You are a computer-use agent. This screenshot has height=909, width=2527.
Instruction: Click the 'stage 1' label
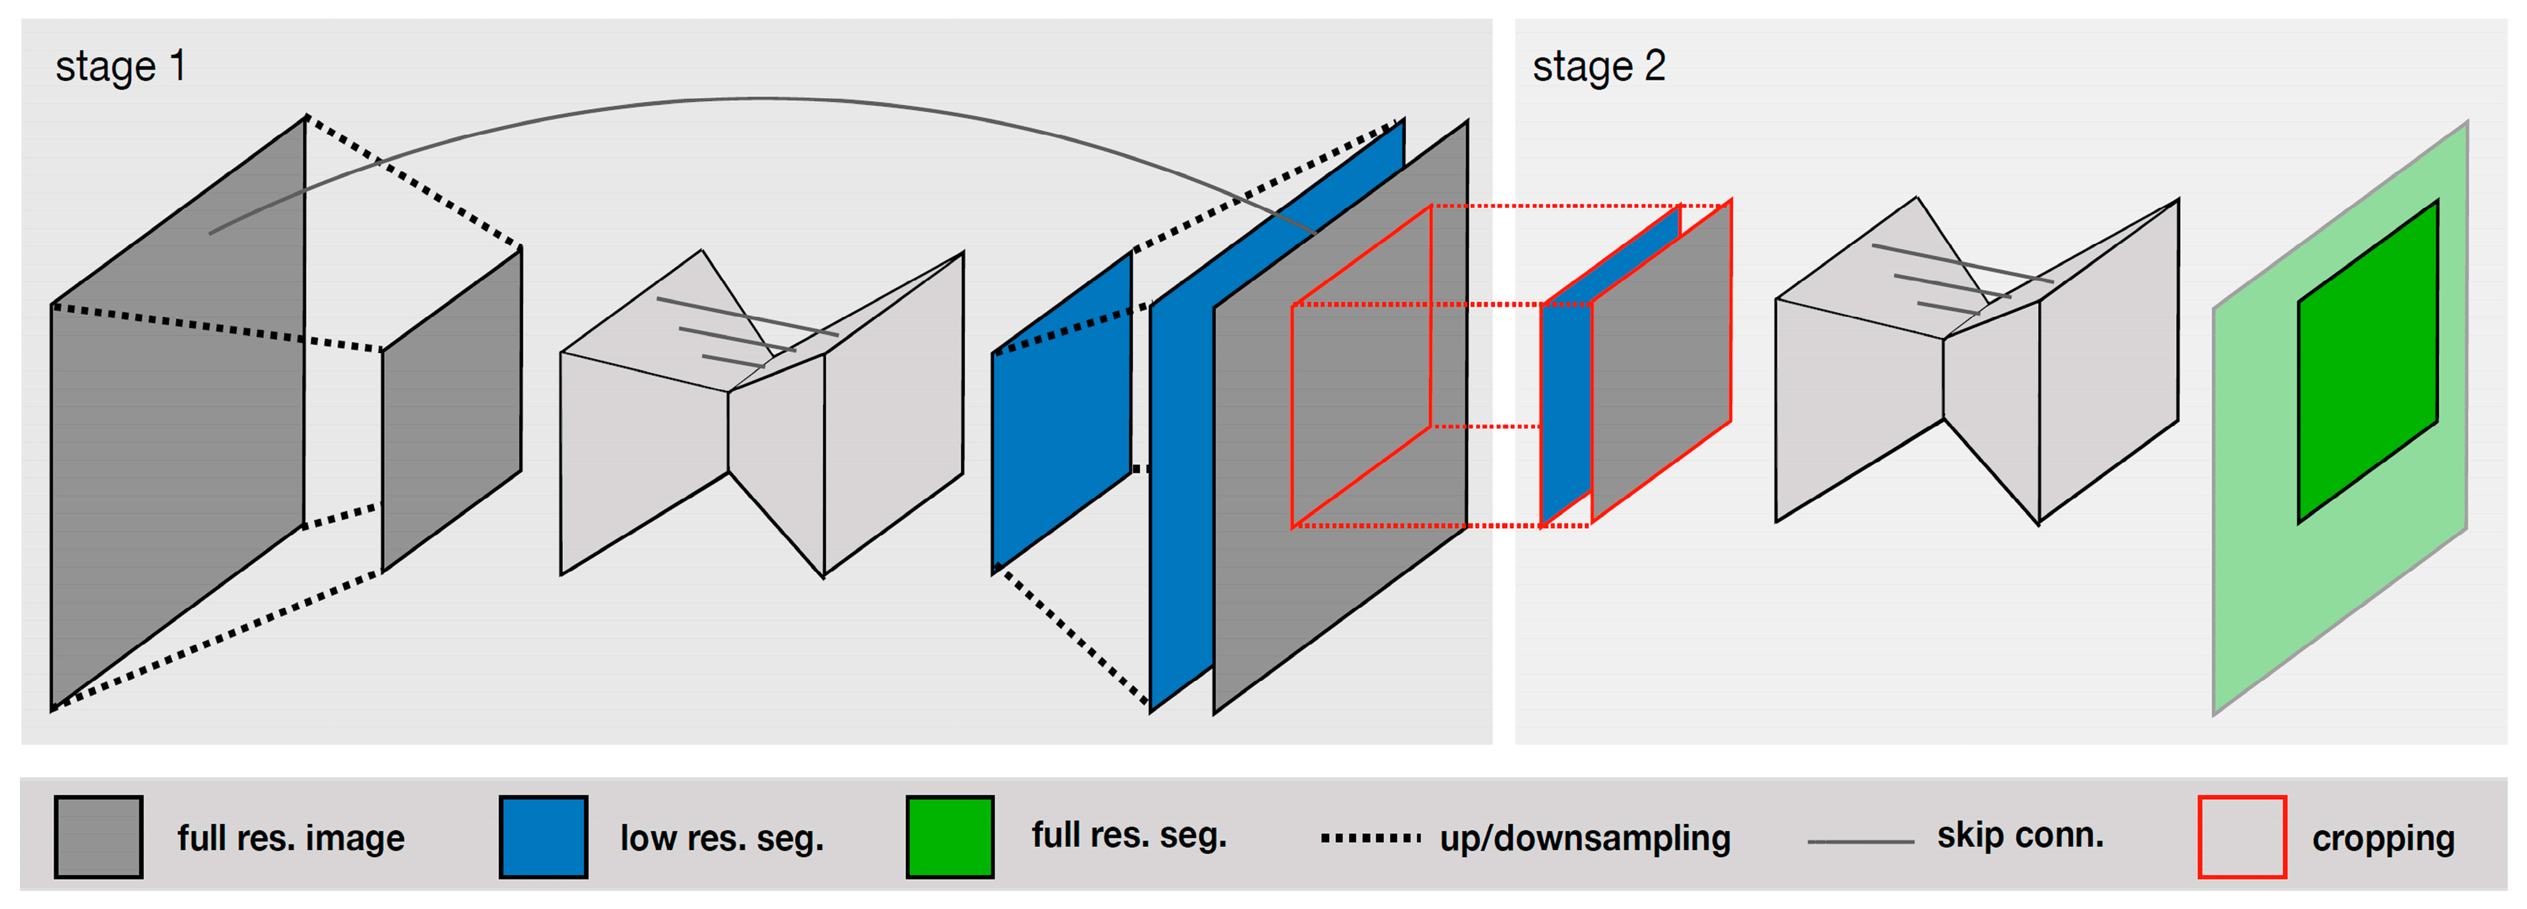[x=119, y=67]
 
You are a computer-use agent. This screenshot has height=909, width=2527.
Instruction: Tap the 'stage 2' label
[x=1598, y=67]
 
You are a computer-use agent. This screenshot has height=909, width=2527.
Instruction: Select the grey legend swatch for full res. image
[x=98, y=837]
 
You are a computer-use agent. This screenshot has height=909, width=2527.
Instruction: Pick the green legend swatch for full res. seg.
[x=950, y=837]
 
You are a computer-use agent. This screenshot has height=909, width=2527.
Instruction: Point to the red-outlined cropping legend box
[x=2242, y=837]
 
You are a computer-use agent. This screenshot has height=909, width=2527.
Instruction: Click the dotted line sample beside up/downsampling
[x=1370, y=837]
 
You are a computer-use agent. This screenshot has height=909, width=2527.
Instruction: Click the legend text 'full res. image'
[x=290, y=837]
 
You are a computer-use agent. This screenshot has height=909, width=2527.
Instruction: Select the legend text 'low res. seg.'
[x=722, y=837]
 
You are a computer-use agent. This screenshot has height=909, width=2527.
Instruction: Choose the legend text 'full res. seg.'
[x=1129, y=835]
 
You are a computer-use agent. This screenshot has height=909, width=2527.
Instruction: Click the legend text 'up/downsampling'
[x=1584, y=837]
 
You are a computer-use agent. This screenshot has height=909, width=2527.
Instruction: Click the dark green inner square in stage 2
[x=2367, y=361]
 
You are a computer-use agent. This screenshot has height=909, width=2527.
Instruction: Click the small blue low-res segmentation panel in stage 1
[x=1061, y=410]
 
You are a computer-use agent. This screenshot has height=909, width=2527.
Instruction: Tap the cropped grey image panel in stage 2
[x=1661, y=363]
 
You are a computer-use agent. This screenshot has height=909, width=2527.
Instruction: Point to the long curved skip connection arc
[x=765, y=98]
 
